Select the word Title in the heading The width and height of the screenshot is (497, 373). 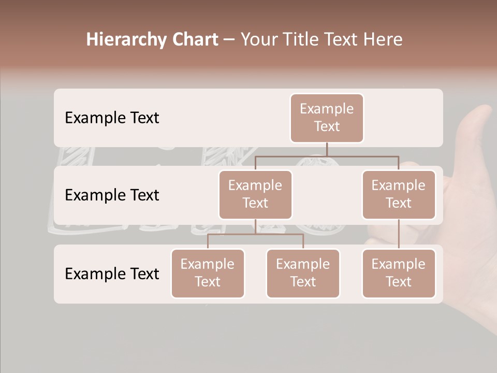[301, 39]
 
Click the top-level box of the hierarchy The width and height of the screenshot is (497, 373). [327, 118]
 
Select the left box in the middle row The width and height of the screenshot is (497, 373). [255, 194]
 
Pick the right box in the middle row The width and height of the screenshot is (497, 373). [398, 194]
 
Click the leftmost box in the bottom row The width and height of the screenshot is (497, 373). [208, 273]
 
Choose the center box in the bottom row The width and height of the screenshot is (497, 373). [303, 273]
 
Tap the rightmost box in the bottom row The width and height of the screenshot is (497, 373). [398, 273]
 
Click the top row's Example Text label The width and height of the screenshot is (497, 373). [112, 118]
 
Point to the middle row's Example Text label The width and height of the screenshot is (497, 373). [112, 195]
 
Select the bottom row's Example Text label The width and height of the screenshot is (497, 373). [112, 274]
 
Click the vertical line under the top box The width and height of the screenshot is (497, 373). [327, 149]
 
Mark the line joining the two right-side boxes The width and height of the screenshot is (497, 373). [398, 234]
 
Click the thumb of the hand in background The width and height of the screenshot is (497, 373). [479, 124]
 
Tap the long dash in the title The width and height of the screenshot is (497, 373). [229, 40]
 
